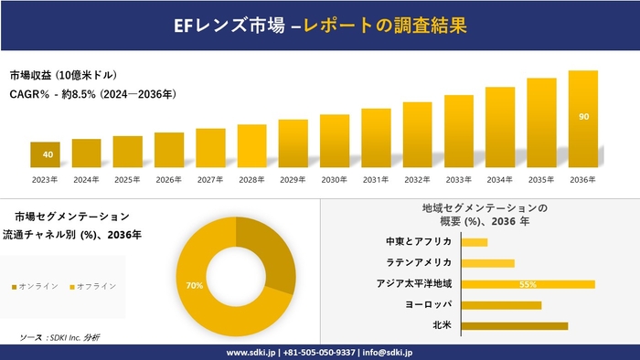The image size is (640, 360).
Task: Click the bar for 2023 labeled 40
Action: pyautogui.click(x=45, y=154)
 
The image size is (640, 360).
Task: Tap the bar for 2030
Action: pyautogui.click(x=335, y=141)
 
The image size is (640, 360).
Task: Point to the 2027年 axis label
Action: pyautogui.click(x=210, y=179)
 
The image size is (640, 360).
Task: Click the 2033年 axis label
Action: pyautogui.click(x=459, y=179)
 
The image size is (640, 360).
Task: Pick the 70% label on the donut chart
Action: pyautogui.click(x=194, y=286)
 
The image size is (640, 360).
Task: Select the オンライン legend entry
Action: pyautogui.click(x=36, y=286)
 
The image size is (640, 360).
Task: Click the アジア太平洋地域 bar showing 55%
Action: pyautogui.click(x=528, y=284)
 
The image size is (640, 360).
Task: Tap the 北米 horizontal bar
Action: pyautogui.click(x=514, y=325)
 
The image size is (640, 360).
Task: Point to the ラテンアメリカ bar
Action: pyautogui.click(x=487, y=263)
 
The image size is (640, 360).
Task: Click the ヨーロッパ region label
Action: pyautogui.click(x=428, y=304)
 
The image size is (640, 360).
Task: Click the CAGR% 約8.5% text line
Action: pyautogui.click(x=92, y=93)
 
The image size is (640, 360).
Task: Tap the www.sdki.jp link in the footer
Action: pyautogui.click(x=253, y=352)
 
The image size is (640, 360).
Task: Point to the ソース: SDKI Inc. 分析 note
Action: pyautogui.click(x=59, y=337)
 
